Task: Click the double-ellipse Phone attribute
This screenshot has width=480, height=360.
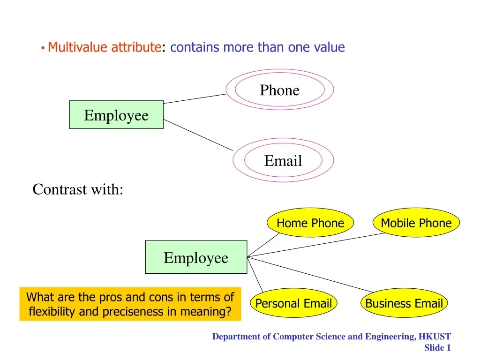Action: click(280, 90)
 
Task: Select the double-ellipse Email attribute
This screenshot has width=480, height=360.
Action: click(283, 161)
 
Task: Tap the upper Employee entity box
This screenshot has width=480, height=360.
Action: click(116, 115)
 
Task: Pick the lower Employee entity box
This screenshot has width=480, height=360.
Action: click(196, 257)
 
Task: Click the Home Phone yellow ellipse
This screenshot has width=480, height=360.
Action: click(310, 223)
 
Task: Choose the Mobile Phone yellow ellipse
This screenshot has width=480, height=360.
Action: click(416, 223)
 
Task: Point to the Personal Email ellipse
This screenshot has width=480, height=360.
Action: click(293, 303)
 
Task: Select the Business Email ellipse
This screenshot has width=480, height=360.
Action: click(404, 303)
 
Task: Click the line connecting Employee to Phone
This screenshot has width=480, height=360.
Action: click(195, 98)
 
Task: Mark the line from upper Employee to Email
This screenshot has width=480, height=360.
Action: click(198, 135)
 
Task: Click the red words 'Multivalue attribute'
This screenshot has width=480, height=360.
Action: click(104, 47)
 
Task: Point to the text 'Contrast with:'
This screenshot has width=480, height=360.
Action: click(78, 189)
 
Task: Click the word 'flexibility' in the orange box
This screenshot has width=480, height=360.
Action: click(52, 311)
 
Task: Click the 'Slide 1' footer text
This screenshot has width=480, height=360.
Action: click(437, 347)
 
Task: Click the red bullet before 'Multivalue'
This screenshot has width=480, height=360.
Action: click(43, 48)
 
